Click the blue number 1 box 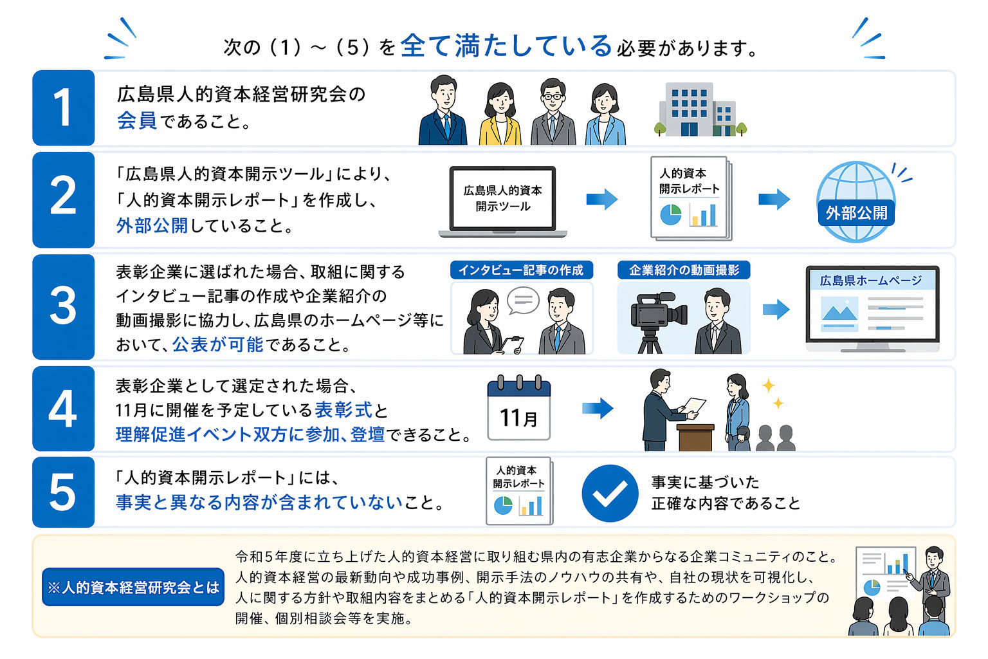[63, 107]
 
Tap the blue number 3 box [63, 306]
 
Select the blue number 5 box [63, 492]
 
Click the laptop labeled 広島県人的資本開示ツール [502, 201]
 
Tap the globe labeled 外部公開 [855, 201]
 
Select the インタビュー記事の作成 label [521, 270]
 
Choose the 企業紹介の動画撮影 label [684, 270]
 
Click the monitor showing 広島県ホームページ [872, 308]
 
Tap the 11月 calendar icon [518, 409]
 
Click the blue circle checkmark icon [609, 493]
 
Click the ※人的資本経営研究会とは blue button [133, 587]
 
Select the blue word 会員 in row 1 [136, 120]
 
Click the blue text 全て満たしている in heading [506, 46]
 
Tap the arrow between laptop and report [601, 200]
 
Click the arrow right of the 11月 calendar [597, 408]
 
